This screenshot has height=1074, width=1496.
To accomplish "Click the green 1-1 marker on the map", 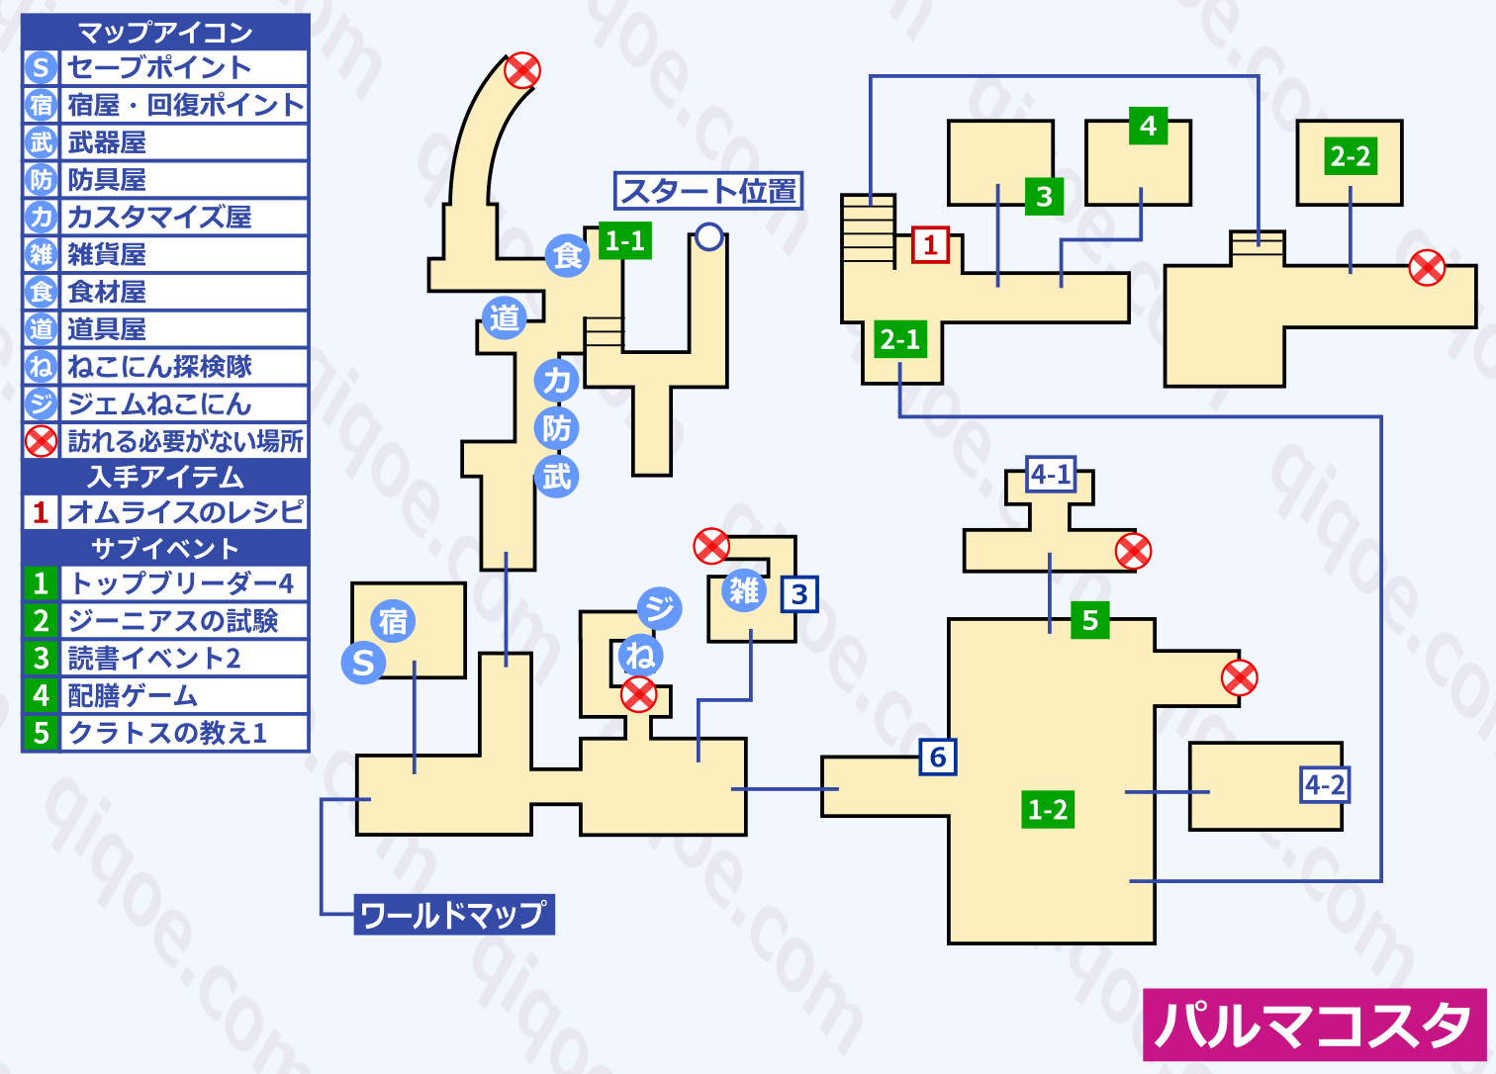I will pos(624,240).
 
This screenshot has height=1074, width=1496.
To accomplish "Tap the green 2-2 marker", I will pos(1351,156).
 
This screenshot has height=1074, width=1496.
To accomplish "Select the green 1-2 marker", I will pos(1048,810).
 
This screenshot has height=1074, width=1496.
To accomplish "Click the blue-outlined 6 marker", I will pos(938,758).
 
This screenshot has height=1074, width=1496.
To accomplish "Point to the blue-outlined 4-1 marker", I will pos(1051,475).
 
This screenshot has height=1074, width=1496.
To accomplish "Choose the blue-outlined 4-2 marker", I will pos(1324,785).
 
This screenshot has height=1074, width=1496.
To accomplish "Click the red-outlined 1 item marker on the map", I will pos(930,245).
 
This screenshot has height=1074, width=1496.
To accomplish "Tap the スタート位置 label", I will pos(708,190).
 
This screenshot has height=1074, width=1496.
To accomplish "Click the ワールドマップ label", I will pos(453,915).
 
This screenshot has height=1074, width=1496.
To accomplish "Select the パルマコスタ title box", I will pos(1314,1025).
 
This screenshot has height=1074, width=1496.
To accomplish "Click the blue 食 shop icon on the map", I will pos(568,256).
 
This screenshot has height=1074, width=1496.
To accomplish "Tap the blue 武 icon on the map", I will pos(556,477).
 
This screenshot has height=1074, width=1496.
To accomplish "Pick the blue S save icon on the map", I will pos(363,663).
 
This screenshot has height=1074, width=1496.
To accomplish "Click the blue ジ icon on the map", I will pos(659,607).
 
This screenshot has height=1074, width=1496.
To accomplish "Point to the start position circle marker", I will pos(709,236).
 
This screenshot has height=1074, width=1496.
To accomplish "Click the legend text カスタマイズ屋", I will pos(159,217).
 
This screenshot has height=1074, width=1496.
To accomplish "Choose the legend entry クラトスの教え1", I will pos(167,733).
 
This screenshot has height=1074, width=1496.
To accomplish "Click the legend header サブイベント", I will pos(165,548).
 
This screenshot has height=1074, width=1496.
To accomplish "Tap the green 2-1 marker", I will pos(900,340).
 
